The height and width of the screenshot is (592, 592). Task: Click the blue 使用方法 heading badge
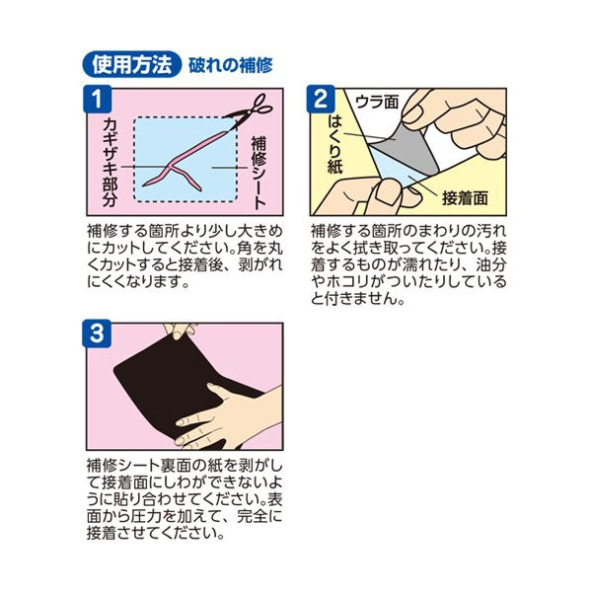pyautogui.click(x=128, y=65)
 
